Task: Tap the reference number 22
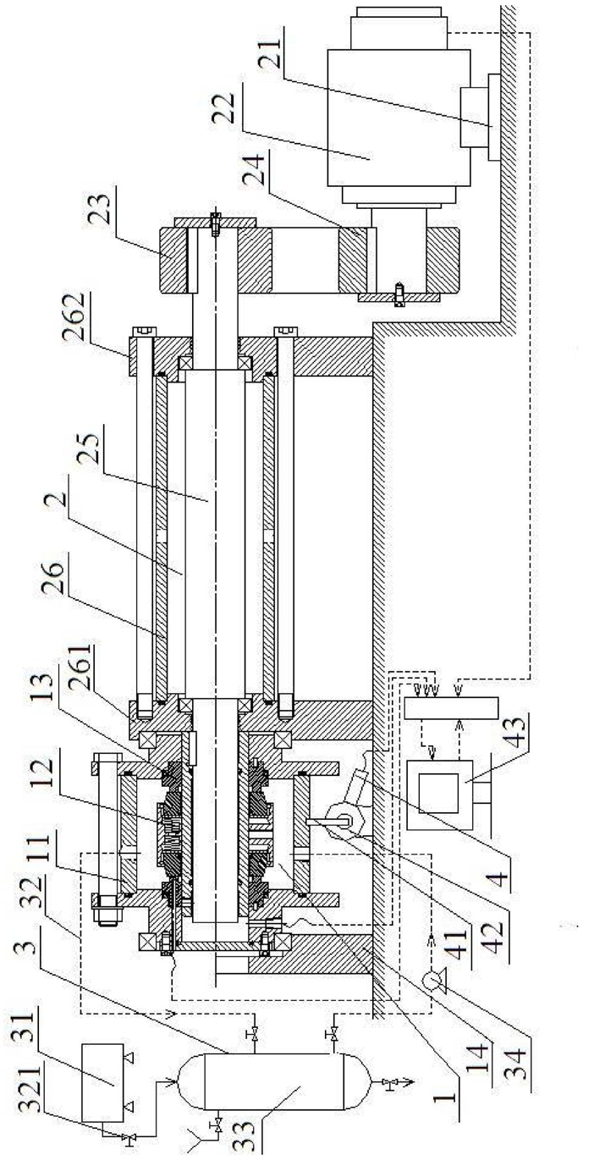223,108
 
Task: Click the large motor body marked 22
399,118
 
